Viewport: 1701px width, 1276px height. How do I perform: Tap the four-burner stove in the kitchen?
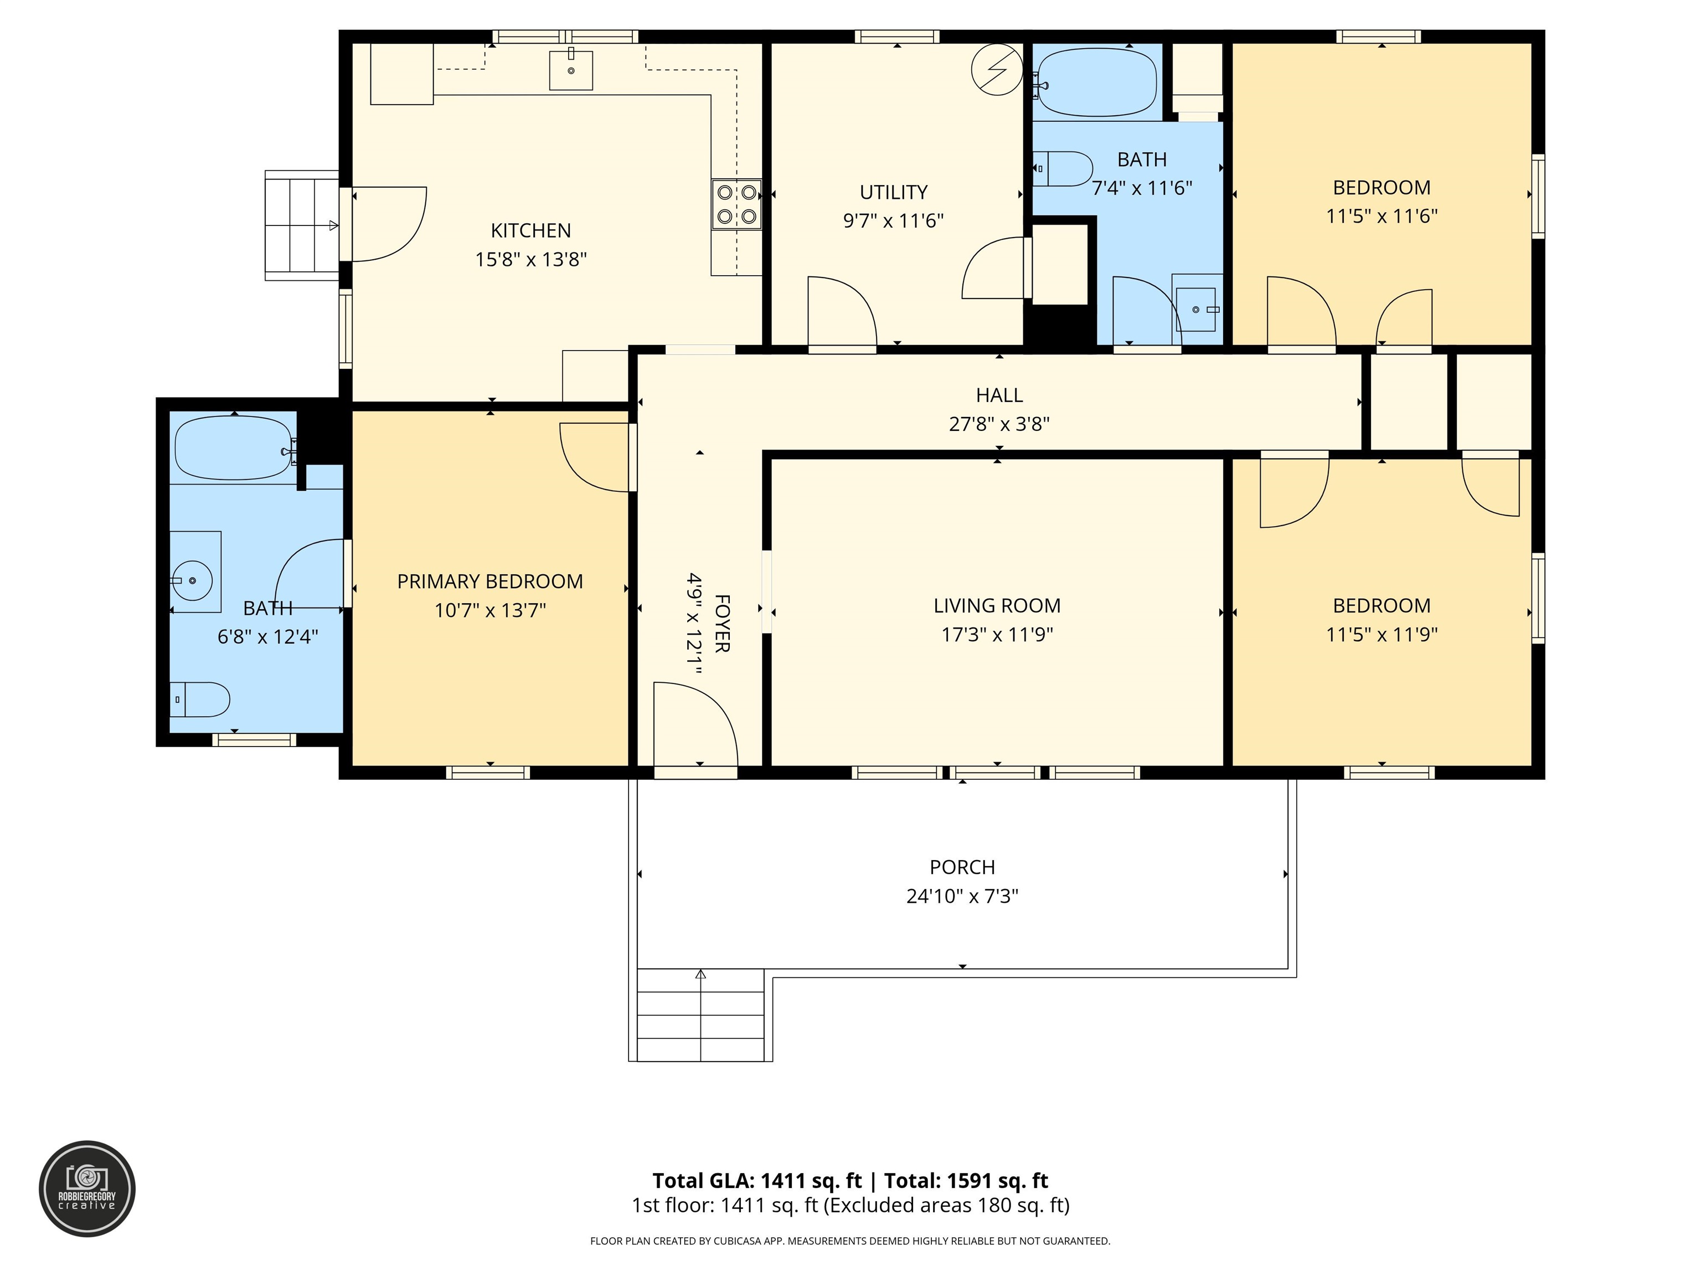(736, 204)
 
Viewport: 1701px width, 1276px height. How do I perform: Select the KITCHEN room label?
(530, 231)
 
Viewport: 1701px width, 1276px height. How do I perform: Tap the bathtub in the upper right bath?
(1096, 81)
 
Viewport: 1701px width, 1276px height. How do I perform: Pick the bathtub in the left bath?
(233, 447)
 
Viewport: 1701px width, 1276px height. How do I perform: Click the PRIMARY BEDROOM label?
(490, 582)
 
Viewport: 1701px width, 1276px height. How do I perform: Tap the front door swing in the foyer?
(694, 726)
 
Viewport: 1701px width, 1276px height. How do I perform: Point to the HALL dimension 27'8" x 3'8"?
(999, 424)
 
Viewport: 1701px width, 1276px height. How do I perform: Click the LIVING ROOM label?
(997, 606)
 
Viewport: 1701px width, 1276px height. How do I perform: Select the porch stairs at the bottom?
(700, 1015)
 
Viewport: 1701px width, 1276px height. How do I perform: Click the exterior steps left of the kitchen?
(301, 225)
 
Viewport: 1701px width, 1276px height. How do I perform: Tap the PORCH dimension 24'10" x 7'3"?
(962, 896)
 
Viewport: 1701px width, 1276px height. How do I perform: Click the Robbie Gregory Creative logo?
(87, 1188)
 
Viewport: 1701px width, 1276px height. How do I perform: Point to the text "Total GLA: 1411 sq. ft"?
(757, 1181)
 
